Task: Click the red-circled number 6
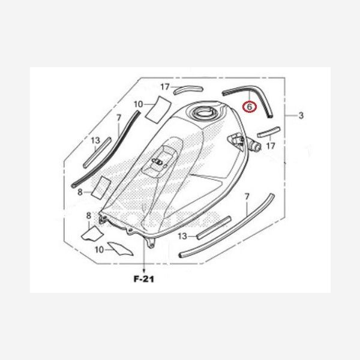click(250, 107)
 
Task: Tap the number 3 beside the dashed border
click(301, 115)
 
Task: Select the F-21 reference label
click(144, 279)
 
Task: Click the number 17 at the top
click(165, 87)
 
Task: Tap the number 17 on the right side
click(271, 146)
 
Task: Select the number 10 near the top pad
click(138, 104)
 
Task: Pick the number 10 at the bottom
click(99, 250)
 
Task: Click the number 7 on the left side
click(118, 118)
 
